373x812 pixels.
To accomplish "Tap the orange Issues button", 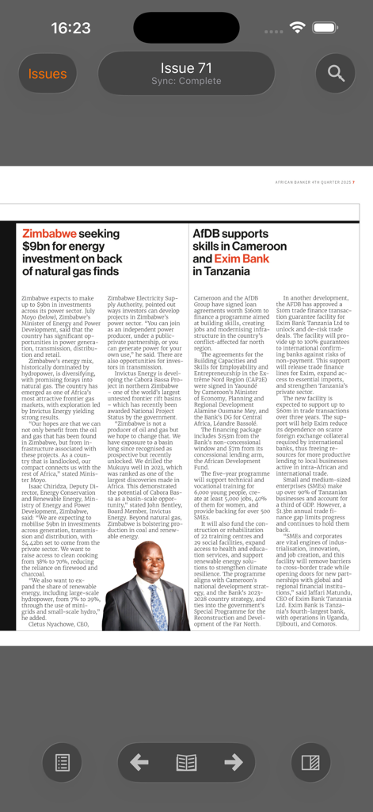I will [48, 74].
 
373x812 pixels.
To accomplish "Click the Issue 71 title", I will [186, 67].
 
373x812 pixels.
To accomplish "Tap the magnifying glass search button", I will [336, 74].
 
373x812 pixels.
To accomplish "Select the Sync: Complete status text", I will [186, 82].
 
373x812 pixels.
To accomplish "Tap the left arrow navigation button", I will [139, 763].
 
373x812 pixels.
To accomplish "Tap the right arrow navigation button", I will [233, 763].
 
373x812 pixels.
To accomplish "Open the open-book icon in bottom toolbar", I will [186, 763].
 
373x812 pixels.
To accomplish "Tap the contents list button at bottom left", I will [62, 763].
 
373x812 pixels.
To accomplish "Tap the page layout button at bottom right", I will [310, 763].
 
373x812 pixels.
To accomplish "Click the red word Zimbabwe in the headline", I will [49, 234].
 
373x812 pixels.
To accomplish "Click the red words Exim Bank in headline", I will [242, 259].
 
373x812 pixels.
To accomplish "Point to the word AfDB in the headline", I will [208, 234].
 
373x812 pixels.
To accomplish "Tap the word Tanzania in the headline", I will [228, 271].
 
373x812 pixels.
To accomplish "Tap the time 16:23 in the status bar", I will [70, 28].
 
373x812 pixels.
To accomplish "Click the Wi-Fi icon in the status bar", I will [298, 28].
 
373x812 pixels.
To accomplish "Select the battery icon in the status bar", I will [325, 28].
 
